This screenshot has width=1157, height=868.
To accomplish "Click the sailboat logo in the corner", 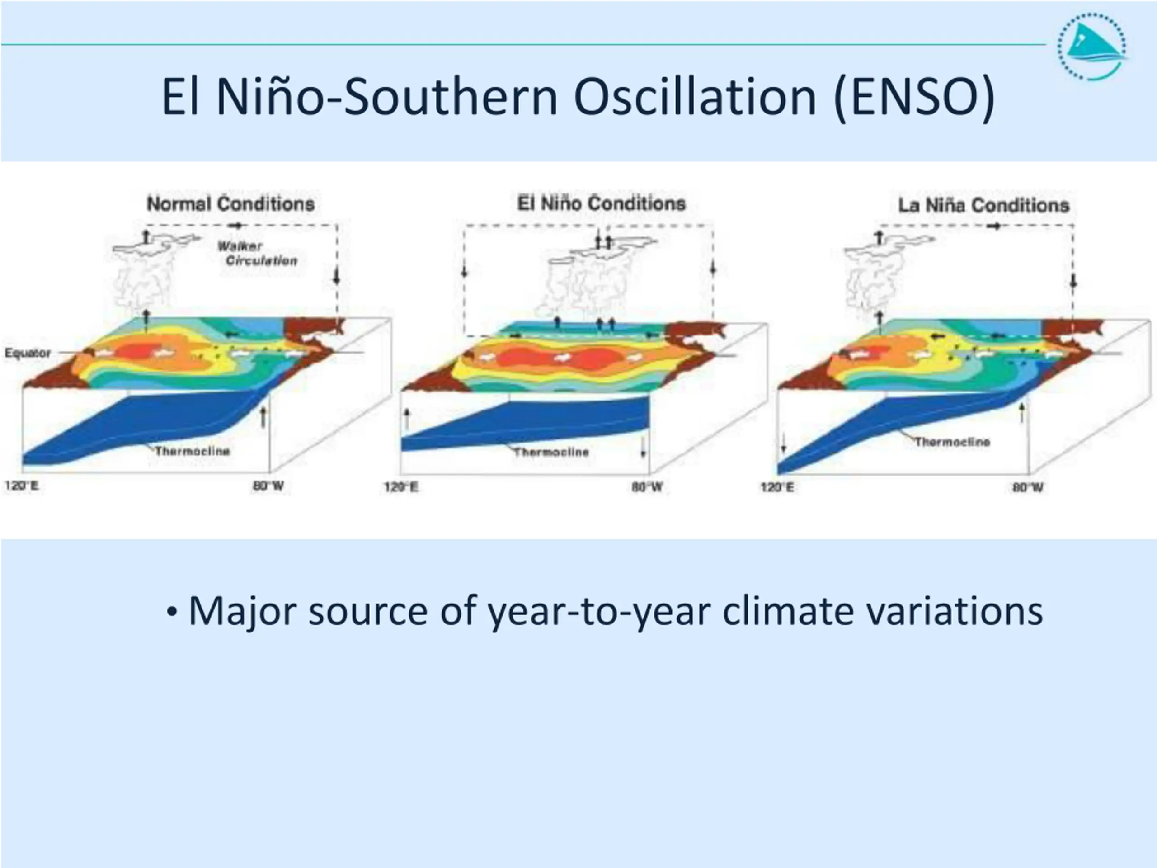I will (1092, 47).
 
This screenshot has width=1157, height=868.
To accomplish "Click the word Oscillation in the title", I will (695, 97).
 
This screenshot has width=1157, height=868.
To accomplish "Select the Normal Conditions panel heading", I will (230, 203).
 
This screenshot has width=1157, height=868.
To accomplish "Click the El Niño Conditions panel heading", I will (601, 203).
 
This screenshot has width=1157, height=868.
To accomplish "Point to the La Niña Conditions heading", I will (983, 205).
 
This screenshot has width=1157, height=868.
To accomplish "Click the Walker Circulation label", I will (257, 253).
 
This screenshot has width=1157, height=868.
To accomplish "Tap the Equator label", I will (28, 353).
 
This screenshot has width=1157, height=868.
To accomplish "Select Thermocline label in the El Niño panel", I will (551, 452).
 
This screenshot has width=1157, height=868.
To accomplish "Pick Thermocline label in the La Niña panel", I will (952, 442).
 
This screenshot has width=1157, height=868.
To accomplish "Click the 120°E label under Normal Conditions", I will (21, 486).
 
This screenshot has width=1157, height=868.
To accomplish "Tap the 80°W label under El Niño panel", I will (647, 487).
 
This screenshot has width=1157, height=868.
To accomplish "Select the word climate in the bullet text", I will (788, 611).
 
